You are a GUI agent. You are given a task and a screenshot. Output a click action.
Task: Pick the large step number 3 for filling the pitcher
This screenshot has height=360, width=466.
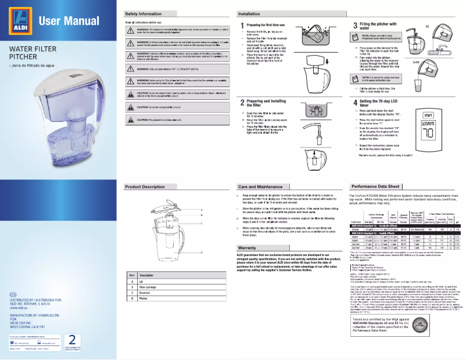tap(355, 26)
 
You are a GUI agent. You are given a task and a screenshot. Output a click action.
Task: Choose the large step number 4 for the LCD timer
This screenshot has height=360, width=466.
tap(355, 102)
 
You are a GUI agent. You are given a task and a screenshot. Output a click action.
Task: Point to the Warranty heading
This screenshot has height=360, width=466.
tap(248, 248)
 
